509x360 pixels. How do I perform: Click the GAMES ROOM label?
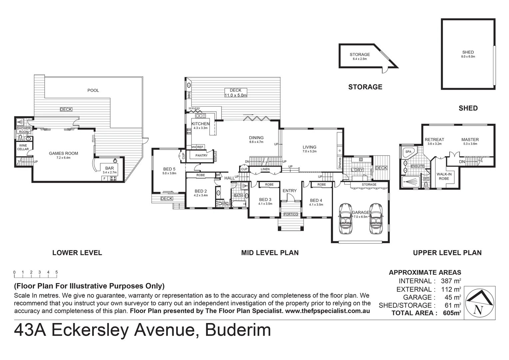click(63, 154)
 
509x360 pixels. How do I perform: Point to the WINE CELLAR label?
click(23, 147)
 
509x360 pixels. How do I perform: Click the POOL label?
click(93, 90)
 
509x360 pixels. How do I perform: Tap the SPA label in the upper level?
click(408, 152)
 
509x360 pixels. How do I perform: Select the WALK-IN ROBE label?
click(444, 176)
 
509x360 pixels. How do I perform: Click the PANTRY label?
click(202, 155)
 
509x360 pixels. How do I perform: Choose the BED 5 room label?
click(169, 169)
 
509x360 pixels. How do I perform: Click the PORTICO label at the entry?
click(290, 214)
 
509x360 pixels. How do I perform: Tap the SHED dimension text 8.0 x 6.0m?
click(468, 57)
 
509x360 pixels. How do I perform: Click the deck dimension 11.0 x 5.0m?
click(236, 95)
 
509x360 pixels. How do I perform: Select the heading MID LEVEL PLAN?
click(270, 253)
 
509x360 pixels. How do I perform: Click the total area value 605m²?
click(452, 313)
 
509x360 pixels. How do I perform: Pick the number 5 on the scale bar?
click(57, 272)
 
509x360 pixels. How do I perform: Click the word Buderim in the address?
click(238, 330)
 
